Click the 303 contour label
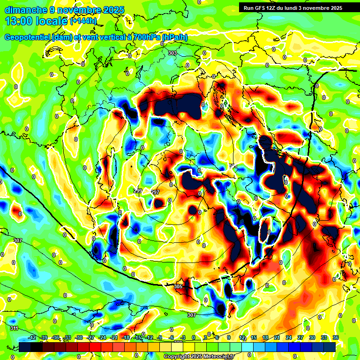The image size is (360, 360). (172, 53)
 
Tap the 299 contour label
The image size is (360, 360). (138, 191)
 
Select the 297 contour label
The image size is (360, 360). (156, 192)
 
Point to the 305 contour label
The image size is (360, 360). (178, 286)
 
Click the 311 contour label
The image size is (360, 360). (15, 328)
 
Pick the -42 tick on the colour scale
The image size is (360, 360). (33, 337)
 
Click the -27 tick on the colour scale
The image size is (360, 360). (90, 337)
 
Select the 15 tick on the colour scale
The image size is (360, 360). (253, 337)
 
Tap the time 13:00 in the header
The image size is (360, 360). (19, 21)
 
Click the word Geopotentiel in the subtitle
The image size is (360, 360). (27, 37)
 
